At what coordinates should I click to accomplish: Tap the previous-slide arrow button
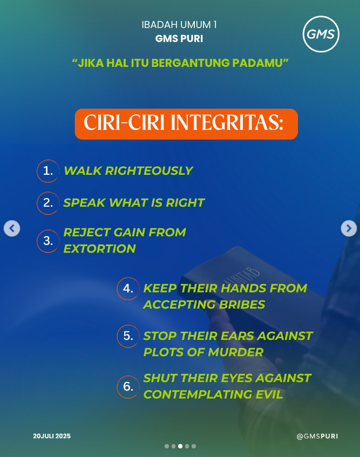[x=12, y=228]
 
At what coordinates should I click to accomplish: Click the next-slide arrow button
[x=349, y=228]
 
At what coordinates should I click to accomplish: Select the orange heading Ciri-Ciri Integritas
[x=186, y=124]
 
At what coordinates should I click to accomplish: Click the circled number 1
[x=48, y=171]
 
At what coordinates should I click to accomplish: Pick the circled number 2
[x=48, y=203]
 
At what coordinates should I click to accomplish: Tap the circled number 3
[x=48, y=241]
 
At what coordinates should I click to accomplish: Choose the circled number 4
[x=128, y=289]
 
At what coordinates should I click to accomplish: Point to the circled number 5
[x=128, y=336]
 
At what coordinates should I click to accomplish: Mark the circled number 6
[x=128, y=387]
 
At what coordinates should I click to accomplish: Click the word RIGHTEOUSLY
[x=149, y=171]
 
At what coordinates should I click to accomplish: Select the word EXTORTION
[x=100, y=249]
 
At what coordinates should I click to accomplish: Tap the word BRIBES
[x=242, y=304]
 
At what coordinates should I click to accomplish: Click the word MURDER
[x=235, y=352]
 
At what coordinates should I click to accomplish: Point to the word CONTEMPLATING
[x=198, y=394]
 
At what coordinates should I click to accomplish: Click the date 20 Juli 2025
[x=52, y=436]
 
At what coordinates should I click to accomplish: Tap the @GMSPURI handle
[x=317, y=436]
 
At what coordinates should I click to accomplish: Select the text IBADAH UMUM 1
[x=179, y=25]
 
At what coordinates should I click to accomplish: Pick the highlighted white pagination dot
[x=180, y=446]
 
